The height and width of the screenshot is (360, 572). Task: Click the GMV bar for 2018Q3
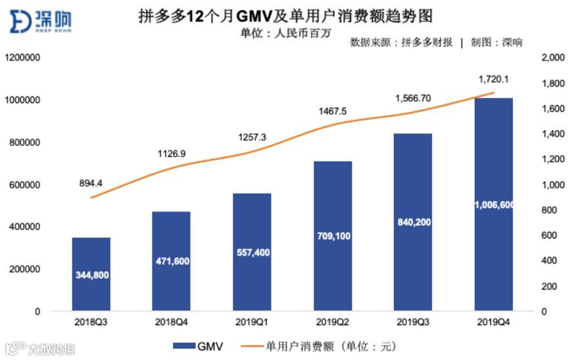(x=91, y=273)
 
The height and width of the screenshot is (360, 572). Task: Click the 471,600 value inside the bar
(x=171, y=261)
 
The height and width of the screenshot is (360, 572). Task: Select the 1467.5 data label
(x=333, y=111)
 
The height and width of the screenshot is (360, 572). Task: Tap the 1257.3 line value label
(x=252, y=137)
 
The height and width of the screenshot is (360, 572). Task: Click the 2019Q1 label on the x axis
(x=252, y=322)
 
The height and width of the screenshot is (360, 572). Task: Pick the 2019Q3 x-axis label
(x=413, y=322)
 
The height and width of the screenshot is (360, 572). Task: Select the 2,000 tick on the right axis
(x=552, y=58)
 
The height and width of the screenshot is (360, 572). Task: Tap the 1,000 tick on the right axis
(x=552, y=185)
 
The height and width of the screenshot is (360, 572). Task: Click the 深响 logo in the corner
(x=41, y=21)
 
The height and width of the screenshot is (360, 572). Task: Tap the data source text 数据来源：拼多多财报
(x=401, y=43)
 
